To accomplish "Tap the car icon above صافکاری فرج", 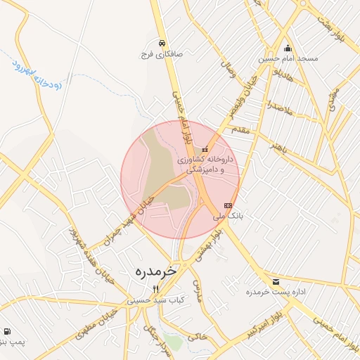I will pyautogui.click(x=162, y=41).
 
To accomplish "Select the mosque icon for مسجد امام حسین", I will pyautogui.click(x=287, y=49).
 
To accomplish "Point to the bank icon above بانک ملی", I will pyautogui.click(x=227, y=205).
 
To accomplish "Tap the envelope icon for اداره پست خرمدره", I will pyautogui.click(x=276, y=281).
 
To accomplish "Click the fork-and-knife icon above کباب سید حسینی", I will pyautogui.click(x=156, y=289).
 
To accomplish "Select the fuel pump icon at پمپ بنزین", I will pyautogui.click(x=7, y=331).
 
